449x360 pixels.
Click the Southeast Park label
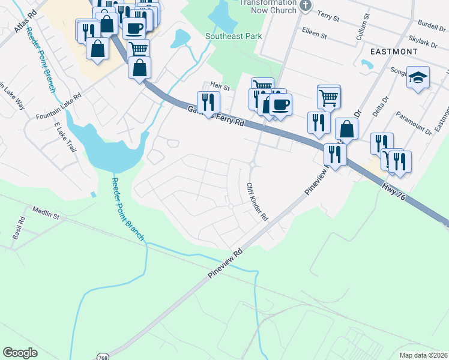(x=234, y=36)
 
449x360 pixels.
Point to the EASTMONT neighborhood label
(x=394, y=52)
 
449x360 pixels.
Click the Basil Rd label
(x=17, y=229)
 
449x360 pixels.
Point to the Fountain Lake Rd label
(x=58, y=107)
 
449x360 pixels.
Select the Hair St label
(x=220, y=87)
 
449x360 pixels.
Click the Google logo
(x=20, y=353)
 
